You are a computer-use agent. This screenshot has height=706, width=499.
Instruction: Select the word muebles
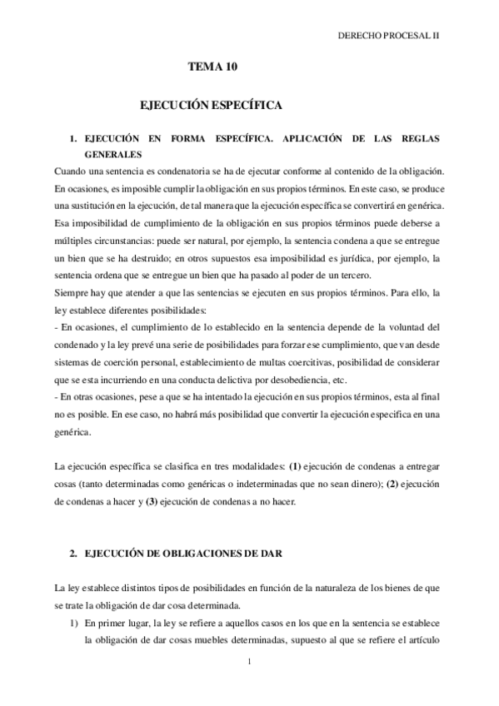(202, 641)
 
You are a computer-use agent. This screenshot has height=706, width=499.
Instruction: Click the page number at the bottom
(250, 663)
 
